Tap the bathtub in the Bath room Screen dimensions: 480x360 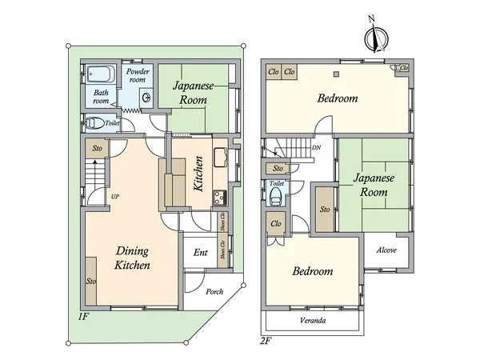[x=101, y=74]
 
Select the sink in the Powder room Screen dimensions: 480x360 [x=146, y=98]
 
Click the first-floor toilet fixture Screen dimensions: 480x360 [x=94, y=123]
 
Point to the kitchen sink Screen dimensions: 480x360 [x=221, y=158]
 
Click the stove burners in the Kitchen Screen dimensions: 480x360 [x=220, y=198]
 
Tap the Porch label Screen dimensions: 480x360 [x=214, y=291]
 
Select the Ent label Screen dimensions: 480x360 [x=201, y=253]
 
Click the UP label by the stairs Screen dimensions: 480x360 [x=114, y=197]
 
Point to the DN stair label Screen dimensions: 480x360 [x=316, y=147]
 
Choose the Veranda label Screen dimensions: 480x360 [x=313, y=321]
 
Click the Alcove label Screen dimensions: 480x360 [x=386, y=250]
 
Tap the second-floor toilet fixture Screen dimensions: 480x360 [x=276, y=197]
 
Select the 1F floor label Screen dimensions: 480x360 [x=82, y=316]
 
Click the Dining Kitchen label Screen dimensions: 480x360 [x=132, y=258]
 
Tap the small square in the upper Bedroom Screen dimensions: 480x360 [x=337, y=74]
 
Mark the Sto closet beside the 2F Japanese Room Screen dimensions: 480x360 [x=325, y=210]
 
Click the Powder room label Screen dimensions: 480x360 [x=138, y=76]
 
